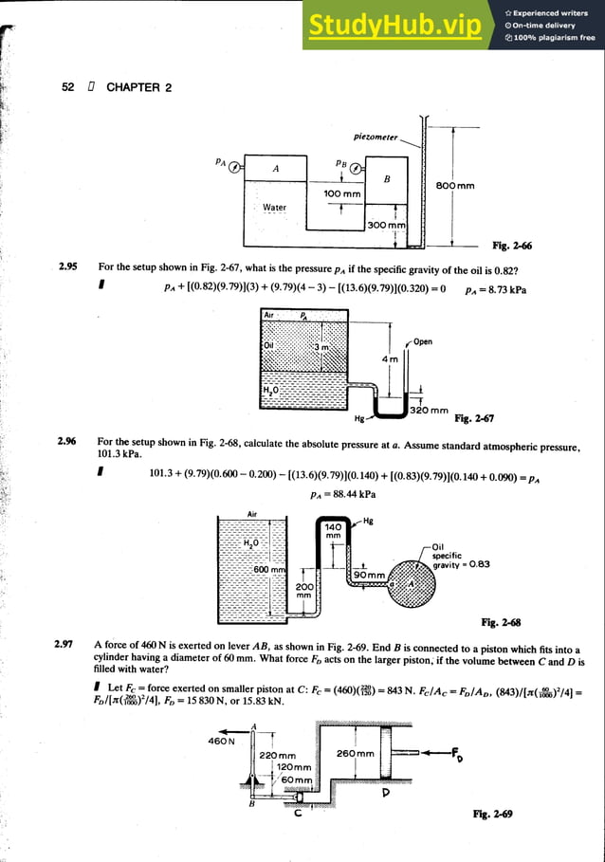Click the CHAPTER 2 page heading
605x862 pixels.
(x=138, y=87)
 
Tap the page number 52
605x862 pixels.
(x=68, y=87)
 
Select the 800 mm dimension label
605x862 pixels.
(x=456, y=186)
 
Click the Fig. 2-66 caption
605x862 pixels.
(x=512, y=247)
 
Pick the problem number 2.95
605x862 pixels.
(x=67, y=267)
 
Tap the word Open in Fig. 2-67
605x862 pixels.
(x=423, y=342)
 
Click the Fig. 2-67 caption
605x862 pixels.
(x=474, y=418)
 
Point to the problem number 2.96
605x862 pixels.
(x=67, y=441)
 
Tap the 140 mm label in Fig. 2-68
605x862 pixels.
(x=332, y=532)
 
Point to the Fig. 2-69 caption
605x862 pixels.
(x=493, y=814)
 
